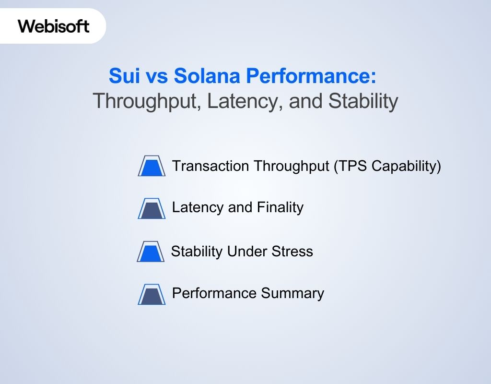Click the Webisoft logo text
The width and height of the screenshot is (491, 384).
54,26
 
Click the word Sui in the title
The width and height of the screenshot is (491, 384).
123,75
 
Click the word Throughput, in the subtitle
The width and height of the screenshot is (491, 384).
147,101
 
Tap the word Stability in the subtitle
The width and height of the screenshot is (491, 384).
363,101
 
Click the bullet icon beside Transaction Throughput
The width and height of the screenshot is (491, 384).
152,166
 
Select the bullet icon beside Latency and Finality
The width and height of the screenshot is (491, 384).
152,208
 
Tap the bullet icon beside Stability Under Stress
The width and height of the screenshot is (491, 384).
151,252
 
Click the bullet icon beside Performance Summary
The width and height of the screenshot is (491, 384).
152,294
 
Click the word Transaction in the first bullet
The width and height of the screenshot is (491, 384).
210,166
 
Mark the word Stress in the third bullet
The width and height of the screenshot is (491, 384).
294,252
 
